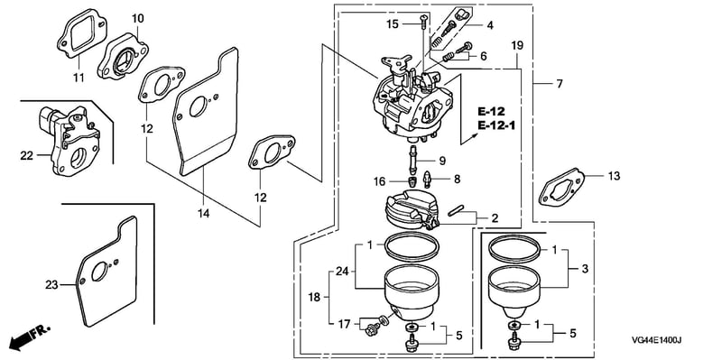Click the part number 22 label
pyautogui.click(x=26, y=155)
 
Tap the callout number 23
pyautogui.click(x=51, y=285)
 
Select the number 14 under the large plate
pyautogui.click(x=204, y=213)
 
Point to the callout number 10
pyautogui.click(x=138, y=18)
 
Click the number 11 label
pyautogui.click(x=79, y=78)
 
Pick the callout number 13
pyautogui.click(x=614, y=176)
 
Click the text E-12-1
pyautogui.click(x=495, y=125)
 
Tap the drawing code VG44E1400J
pyautogui.click(x=656, y=340)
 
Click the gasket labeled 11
pyautogui.click(x=82, y=35)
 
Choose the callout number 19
pyautogui.click(x=517, y=45)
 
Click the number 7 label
pyautogui.click(x=559, y=84)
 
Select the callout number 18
pyautogui.click(x=313, y=298)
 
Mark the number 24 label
pyautogui.click(x=342, y=272)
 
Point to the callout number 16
pyautogui.click(x=379, y=182)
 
